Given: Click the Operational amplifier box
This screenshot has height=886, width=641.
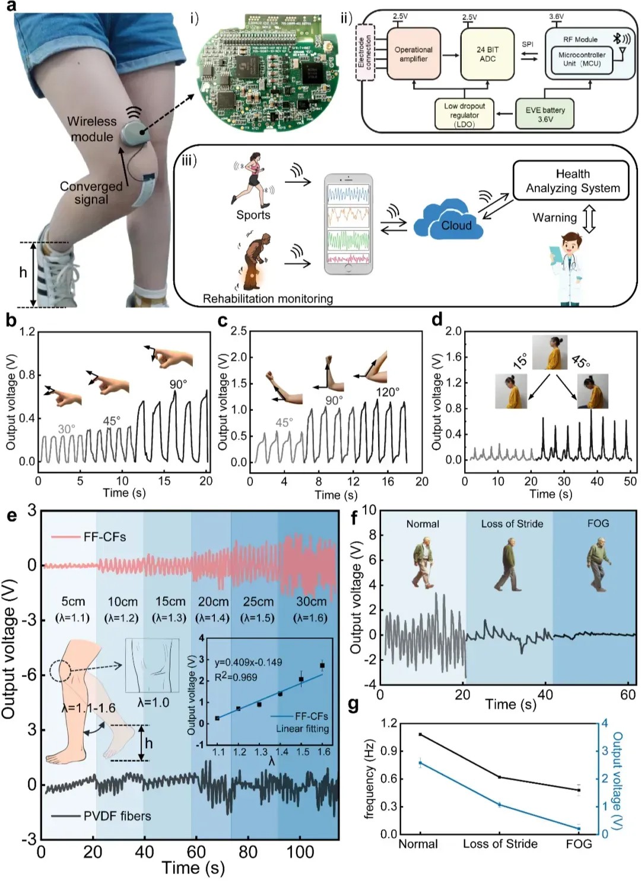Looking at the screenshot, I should tap(413, 54).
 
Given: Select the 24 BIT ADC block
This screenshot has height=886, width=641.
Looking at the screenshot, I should tap(487, 54).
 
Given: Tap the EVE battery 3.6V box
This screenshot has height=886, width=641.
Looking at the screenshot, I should tap(545, 114).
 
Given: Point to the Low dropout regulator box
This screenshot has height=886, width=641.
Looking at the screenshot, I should tap(464, 115).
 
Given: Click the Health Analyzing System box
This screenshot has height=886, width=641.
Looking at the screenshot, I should tap(572, 181).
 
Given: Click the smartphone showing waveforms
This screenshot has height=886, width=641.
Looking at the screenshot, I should tap(348, 224).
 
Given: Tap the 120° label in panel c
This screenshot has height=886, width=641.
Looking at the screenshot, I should tap(388, 392).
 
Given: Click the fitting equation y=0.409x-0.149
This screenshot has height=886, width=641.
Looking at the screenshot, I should tap(248, 662).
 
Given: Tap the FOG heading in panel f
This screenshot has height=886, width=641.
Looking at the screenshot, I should tap(598, 523).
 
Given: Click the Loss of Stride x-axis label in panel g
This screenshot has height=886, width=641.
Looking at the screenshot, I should tap(500, 844).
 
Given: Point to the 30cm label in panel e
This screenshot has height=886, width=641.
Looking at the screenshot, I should tap(311, 602).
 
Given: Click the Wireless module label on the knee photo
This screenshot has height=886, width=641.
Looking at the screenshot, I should tap(91, 129).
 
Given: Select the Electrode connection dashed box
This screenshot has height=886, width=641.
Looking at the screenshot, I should tap(364, 53).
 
